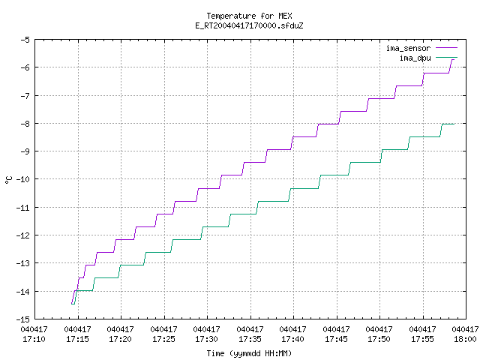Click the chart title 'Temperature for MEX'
tap(249, 16)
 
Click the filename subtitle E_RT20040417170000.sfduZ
tap(249, 25)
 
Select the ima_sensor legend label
tap(408, 48)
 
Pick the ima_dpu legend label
tap(415, 58)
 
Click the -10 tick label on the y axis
tap(23, 179)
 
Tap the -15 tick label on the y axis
tap(23, 319)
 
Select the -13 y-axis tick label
tap(23, 263)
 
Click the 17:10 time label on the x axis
tap(34, 339)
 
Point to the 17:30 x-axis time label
tap(207, 339)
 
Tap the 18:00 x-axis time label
tap(465, 339)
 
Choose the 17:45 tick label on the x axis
tap(337, 339)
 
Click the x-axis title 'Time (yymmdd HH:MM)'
tap(249, 353)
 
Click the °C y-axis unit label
tap(9, 180)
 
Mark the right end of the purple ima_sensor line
tap(454, 59)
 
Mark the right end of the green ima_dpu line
tap(454, 124)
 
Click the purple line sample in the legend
tap(446, 48)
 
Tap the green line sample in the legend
tap(446, 57)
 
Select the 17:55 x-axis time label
tap(423, 339)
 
